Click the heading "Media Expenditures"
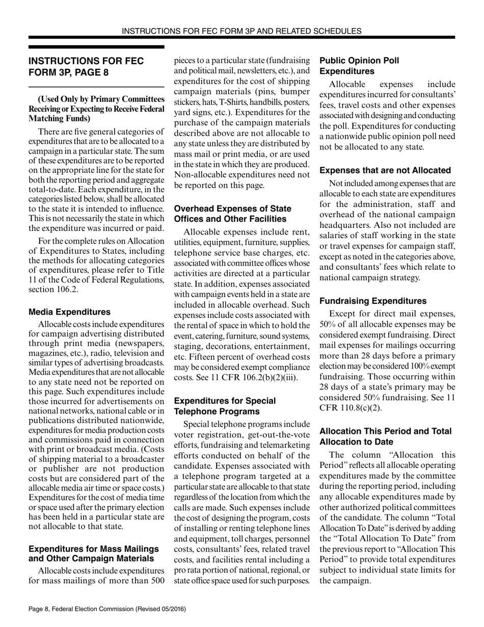[69, 311]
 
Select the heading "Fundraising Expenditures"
[373, 301]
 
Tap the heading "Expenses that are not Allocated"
[385, 170]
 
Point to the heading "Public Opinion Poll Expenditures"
[359, 66]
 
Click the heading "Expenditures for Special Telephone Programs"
[225, 406]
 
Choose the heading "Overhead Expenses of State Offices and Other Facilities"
[233, 214]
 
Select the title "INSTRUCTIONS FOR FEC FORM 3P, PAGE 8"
[86, 66]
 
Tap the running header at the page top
[241, 31]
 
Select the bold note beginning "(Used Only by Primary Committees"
[96, 109]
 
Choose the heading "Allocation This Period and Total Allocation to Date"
[385, 436]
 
